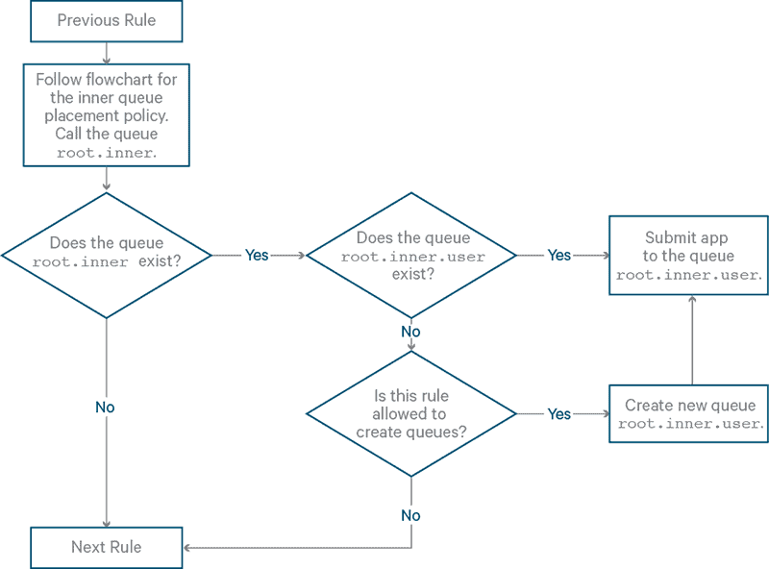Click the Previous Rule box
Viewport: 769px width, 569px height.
[106, 21]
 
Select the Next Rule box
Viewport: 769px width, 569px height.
[106, 547]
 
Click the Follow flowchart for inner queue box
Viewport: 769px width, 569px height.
[106, 115]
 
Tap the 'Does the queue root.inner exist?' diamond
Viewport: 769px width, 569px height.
[106, 254]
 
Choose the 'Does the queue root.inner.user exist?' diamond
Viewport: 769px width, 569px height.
[411, 254]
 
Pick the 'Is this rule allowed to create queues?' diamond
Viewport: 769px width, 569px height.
[411, 413]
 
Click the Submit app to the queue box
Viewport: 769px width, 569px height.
[689, 255]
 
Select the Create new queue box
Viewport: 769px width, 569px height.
[689, 413]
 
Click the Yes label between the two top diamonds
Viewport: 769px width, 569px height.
[257, 256]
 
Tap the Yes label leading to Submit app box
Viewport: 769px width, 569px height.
[559, 256]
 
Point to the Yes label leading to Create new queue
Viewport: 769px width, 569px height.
[559, 414]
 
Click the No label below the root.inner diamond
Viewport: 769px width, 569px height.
[105, 408]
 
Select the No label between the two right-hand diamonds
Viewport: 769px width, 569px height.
[410, 332]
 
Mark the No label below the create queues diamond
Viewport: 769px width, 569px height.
[410, 515]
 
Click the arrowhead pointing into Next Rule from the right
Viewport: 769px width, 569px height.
[187, 548]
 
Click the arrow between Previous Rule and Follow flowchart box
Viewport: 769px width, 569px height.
[105, 54]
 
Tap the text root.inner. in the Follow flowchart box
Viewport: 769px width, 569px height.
[106, 153]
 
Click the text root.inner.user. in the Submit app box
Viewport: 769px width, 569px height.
[689, 275]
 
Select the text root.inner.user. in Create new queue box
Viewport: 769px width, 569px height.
[690, 424]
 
